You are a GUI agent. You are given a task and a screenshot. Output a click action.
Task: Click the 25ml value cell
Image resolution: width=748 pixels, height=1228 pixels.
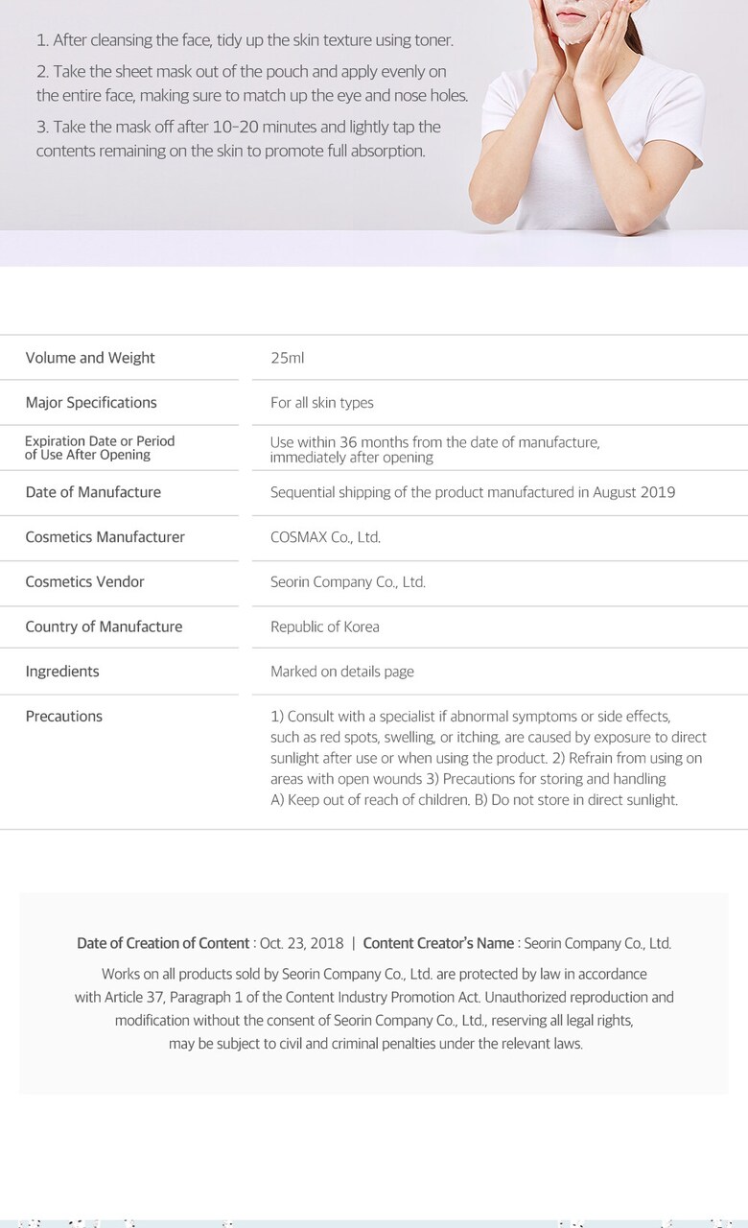click(287, 358)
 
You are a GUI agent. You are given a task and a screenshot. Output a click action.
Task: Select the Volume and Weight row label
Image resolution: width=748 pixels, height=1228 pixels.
click(90, 358)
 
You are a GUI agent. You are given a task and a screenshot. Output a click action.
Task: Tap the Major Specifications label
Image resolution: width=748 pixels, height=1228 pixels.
click(91, 403)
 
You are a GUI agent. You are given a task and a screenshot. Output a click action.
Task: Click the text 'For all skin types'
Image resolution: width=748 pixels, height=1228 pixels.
click(322, 403)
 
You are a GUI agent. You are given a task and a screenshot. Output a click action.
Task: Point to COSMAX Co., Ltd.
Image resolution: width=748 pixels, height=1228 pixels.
click(325, 537)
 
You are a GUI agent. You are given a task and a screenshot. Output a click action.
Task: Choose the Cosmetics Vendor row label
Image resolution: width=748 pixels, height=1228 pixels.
click(85, 582)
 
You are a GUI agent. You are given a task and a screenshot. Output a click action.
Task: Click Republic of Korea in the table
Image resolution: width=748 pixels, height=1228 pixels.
click(324, 627)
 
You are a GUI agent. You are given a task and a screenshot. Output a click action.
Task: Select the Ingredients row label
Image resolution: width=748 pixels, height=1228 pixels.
click(62, 672)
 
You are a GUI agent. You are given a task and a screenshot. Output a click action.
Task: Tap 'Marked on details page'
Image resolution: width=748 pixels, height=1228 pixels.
click(342, 672)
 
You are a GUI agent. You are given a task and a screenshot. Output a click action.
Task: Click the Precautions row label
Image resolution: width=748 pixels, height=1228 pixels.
click(64, 717)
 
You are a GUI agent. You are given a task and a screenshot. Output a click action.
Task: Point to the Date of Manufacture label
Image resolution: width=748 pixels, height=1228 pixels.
click(93, 492)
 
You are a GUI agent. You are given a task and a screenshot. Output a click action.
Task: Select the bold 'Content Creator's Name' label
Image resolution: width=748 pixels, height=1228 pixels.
click(438, 944)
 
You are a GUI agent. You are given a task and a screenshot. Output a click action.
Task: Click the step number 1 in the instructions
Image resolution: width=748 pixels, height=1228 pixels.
click(42, 40)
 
